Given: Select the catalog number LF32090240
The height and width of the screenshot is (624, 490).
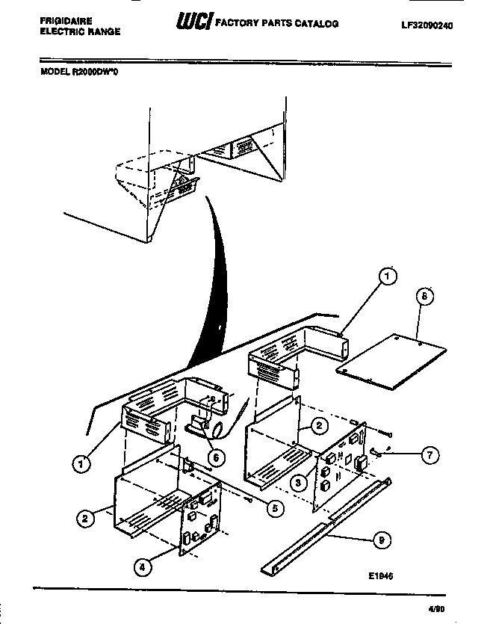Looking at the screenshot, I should pyautogui.click(x=427, y=25).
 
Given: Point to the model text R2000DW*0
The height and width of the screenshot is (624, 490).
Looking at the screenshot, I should pyautogui.click(x=100, y=72).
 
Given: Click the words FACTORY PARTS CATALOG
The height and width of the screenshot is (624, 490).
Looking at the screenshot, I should pyautogui.click(x=276, y=24).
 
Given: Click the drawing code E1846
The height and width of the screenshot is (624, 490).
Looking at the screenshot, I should pyautogui.click(x=381, y=576).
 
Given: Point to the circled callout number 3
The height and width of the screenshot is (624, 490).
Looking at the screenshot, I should pyautogui.click(x=297, y=482).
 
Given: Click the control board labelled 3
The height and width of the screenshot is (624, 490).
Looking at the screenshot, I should pyautogui.click(x=340, y=467).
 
